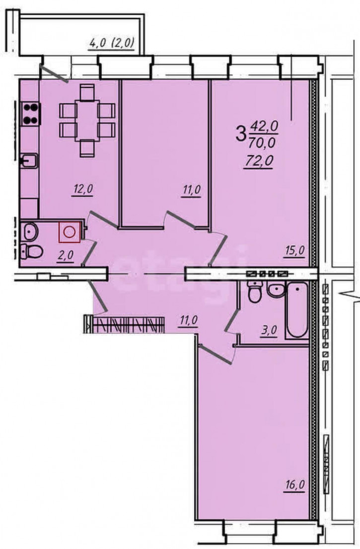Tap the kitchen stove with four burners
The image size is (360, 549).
(x=30, y=114)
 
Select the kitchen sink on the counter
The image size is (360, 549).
(x=29, y=161)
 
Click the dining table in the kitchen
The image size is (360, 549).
(x=87, y=120)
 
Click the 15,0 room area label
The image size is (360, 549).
(x=294, y=251)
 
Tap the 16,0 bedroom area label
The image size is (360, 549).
(x=294, y=485)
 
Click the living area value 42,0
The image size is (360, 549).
(x=263, y=126)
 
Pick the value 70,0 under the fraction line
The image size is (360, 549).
(x=262, y=142)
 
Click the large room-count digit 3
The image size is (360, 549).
(x=241, y=134)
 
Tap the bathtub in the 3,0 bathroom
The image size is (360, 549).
(x=296, y=311)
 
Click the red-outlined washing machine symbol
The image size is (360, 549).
(x=70, y=232)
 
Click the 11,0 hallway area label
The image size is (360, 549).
(x=189, y=320)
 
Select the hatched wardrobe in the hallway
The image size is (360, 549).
(x=124, y=324)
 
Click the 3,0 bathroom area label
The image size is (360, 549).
(x=269, y=330)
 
